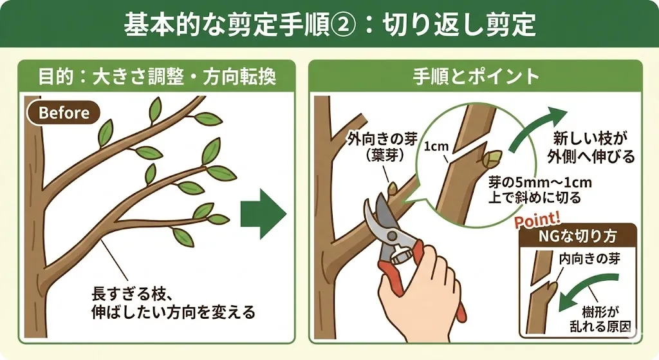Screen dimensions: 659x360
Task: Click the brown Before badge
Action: click(64, 113)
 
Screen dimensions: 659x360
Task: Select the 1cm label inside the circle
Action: click(436, 146)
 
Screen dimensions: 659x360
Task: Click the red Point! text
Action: click(537, 220)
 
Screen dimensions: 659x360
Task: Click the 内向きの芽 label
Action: click(589, 258)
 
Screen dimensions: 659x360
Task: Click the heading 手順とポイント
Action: click(476, 77)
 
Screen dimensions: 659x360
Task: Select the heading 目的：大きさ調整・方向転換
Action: click(157, 77)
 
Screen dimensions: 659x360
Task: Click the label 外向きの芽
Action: click(382, 139)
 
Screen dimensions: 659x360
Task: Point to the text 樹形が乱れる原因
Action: click(600, 319)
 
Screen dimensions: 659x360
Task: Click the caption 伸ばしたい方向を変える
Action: click(173, 312)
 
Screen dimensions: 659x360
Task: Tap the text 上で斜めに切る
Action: click(534, 198)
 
